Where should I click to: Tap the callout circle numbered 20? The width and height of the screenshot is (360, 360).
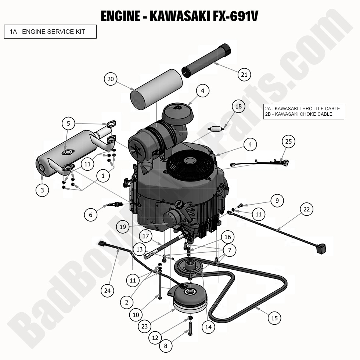[x=111, y=79]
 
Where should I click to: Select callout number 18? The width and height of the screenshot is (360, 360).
[x=239, y=107]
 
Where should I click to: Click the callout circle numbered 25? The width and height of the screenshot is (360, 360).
[x=288, y=141]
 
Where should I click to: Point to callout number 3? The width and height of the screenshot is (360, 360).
[x=42, y=190]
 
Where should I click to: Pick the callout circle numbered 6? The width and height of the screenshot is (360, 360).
[x=91, y=214]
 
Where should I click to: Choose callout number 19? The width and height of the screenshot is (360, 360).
[x=123, y=227]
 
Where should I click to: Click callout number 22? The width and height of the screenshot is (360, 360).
[x=306, y=209]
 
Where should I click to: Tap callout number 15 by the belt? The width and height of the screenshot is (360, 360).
[x=274, y=318]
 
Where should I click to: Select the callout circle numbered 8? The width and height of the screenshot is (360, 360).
[x=166, y=345]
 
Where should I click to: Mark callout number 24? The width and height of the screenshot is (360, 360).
[x=107, y=291]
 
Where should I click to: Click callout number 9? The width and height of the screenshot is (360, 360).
[x=277, y=201]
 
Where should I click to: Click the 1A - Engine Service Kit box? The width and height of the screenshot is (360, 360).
[x=50, y=32]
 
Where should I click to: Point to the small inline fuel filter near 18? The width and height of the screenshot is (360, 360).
[x=216, y=129]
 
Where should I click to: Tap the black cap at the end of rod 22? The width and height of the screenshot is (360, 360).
[x=321, y=249]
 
